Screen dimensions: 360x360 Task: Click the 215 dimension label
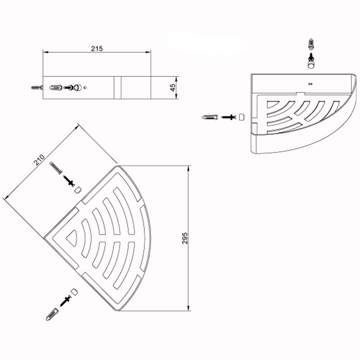(x=97, y=49)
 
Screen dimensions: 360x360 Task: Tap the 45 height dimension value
(x=173, y=87)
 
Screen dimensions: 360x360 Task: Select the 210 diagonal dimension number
(x=39, y=160)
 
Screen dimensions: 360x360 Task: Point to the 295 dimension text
(x=185, y=238)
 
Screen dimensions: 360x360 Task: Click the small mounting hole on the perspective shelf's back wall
(x=310, y=84)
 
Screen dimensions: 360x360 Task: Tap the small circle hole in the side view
(x=85, y=87)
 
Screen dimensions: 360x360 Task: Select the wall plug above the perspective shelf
(x=311, y=44)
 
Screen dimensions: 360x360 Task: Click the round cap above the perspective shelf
(x=311, y=64)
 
